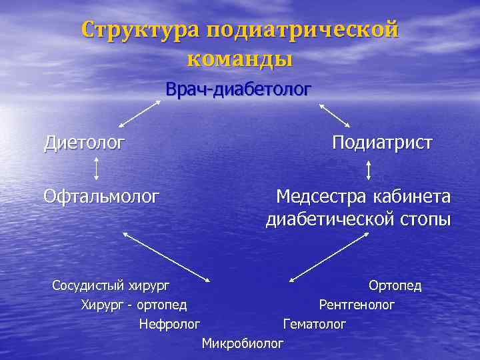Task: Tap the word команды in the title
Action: coord(240,59)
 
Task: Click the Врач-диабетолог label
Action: coord(239,89)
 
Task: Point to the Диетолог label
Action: coord(84,142)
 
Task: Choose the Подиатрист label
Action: coord(382,142)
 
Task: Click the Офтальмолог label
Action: coord(101,196)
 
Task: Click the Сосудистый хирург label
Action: coord(111,285)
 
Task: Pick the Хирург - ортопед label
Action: coord(133,305)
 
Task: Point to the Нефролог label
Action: coord(169,324)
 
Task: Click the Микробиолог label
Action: coord(242,343)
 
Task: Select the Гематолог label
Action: coord(315,324)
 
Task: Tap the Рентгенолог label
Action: coord(357,305)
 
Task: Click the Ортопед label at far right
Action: coord(395,285)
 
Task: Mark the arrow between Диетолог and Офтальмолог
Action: coord(97,169)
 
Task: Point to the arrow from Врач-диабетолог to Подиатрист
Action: coord(335,115)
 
